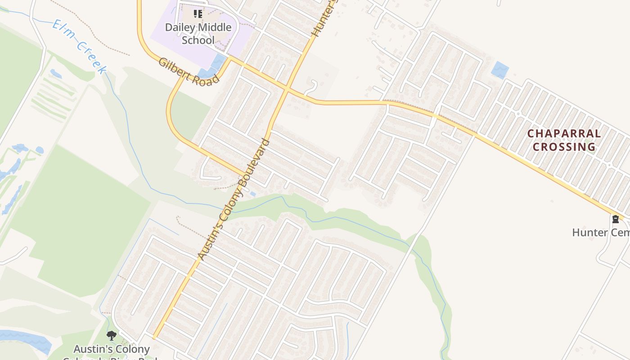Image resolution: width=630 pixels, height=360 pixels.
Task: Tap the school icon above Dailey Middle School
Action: point(198,14)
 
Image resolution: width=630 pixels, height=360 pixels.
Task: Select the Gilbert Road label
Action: point(188,72)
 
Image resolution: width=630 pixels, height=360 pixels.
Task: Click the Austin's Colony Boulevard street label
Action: point(234,200)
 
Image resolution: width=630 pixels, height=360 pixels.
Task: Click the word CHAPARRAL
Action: point(564,134)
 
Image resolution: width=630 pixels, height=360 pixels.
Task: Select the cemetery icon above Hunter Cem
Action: point(615,220)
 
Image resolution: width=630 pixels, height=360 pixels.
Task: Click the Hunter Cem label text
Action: point(601,233)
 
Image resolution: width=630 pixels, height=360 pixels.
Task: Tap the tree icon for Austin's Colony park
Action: point(111,336)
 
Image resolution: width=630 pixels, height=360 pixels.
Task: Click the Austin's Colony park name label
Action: point(112,350)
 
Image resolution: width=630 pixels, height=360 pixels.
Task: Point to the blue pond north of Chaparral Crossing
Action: point(500,70)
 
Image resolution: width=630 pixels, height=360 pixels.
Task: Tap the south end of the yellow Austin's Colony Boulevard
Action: point(154,337)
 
